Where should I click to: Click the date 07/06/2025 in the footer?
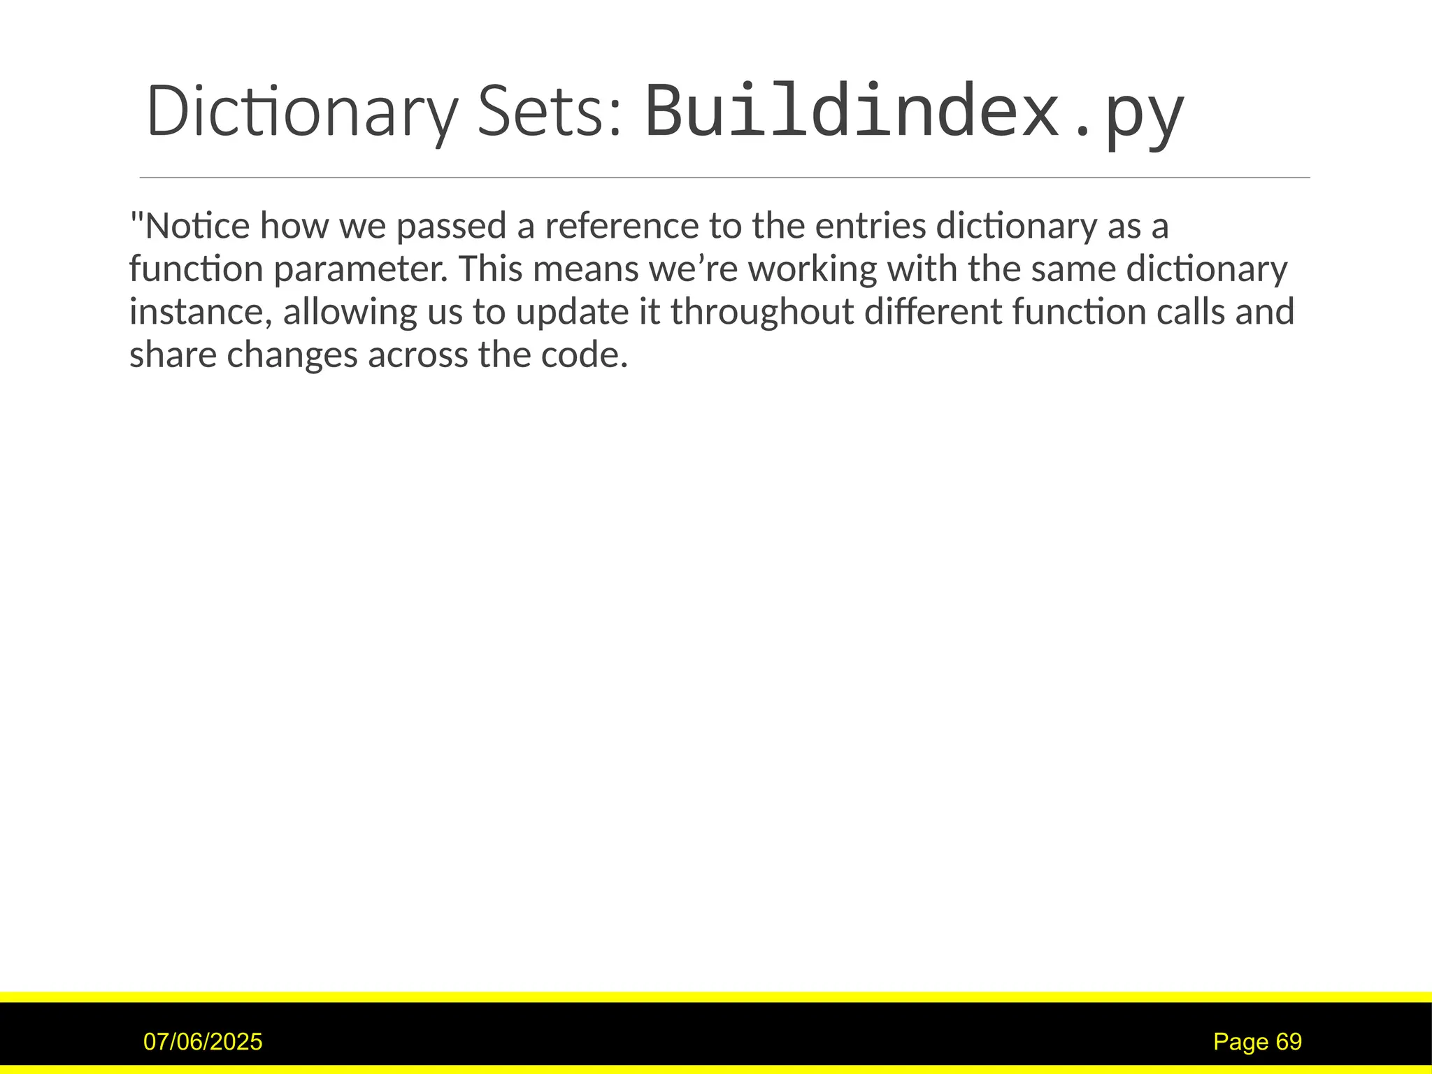[203, 1042]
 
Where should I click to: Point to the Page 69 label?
[1257, 1042]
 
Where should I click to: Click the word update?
[573, 312]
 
